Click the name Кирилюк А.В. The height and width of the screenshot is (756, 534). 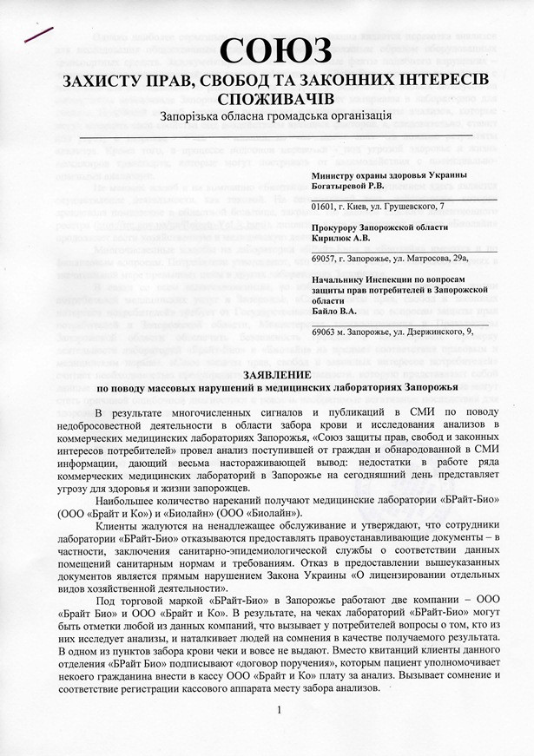pos(342,237)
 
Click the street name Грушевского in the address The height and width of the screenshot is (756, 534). pos(407,206)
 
